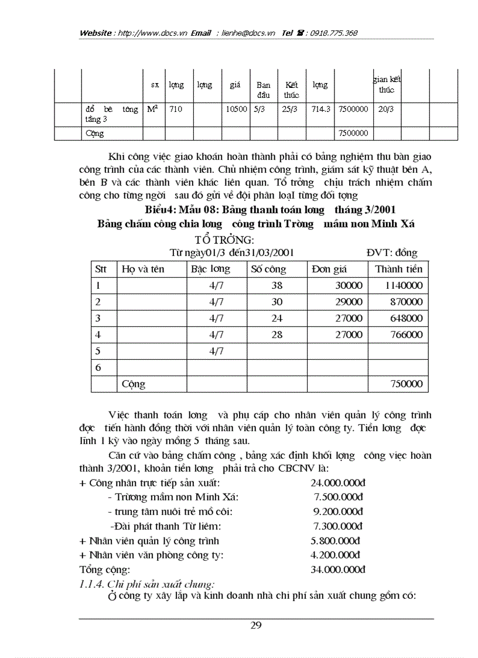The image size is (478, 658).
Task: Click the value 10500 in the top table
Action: tap(236, 109)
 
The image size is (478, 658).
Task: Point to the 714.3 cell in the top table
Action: tap(321, 109)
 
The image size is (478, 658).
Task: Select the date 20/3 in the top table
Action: tap(386, 109)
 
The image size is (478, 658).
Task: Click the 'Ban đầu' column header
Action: tap(263, 90)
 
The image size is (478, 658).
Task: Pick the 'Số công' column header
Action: tap(268, 270)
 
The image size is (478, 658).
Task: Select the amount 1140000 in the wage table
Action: tap(404, 286)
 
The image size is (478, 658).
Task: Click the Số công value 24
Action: tap(276, 319)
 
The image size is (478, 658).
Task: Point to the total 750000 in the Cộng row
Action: tap(406, 384)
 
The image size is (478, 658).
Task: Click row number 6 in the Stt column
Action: tap(98, 368)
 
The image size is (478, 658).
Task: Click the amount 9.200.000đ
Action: tap(338, 512)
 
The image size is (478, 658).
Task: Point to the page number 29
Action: tap(256, 625)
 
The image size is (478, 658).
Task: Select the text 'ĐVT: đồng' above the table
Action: tap(392, 253)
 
